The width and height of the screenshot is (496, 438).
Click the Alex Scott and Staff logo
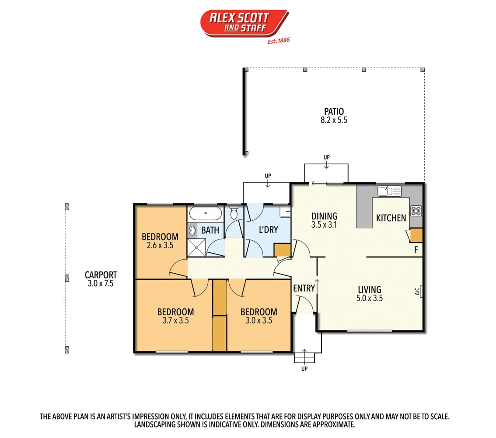(x=245, y=24)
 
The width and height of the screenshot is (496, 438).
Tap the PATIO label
(x=334, y=111)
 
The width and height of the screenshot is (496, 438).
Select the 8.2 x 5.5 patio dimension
(x=334, y=120)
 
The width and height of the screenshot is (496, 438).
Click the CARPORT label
(x=101, y=275)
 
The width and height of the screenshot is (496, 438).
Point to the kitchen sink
(x=389, y=191)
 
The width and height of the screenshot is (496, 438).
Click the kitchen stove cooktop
(x=416, y=211)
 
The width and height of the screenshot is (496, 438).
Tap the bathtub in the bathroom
(x=206, y=213)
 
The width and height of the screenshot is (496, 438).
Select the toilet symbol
(x=234, y=213)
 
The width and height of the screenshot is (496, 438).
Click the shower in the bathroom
(x=196, y=247)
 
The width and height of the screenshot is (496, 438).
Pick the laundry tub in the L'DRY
(x=285, y=211)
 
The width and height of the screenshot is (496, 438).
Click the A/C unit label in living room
(x=418, y=291)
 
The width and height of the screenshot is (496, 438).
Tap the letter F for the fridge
(x=416, y=250)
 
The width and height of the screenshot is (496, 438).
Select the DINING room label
(x=324, y=216)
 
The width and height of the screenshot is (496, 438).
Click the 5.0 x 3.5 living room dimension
(x=370, y=298)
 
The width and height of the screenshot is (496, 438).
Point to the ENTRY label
(x=304, y=288)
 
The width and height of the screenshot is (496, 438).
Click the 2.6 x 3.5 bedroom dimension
(x=160, y=245)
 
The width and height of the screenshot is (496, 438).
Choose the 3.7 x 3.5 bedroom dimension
(x=175, y=320)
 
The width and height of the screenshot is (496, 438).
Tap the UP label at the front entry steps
(x=304, y=369)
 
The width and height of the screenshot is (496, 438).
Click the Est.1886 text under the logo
(x=278, y=41)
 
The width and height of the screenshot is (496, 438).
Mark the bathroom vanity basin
(x=192, y=230)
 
